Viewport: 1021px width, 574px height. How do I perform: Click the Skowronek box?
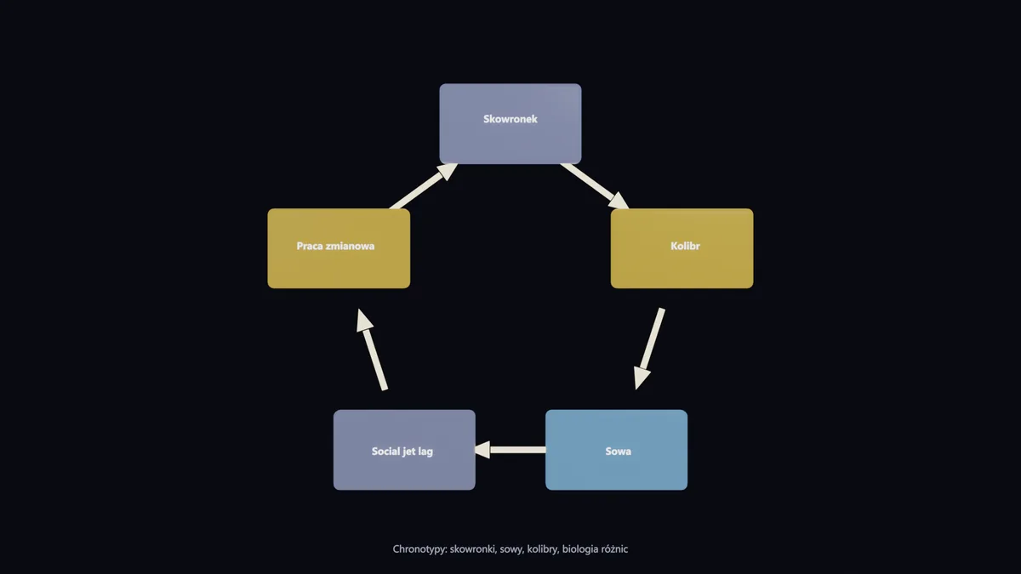[510, 123]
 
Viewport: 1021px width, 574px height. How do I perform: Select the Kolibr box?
[682, 248]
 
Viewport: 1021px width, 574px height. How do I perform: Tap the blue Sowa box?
[616, 450]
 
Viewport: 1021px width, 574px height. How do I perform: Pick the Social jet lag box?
[404, 450]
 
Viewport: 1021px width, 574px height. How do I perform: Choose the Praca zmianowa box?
[339, 248]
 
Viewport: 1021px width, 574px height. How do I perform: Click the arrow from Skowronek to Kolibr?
[595, 186]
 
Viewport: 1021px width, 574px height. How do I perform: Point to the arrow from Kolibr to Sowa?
[650, 349]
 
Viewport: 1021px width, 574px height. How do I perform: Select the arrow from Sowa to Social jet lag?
[510, 450]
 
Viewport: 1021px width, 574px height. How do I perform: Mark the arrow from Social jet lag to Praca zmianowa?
[372, 350]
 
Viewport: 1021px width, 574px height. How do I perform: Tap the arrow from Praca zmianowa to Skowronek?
[424, 186]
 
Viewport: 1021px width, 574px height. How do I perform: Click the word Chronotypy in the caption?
[419, 549]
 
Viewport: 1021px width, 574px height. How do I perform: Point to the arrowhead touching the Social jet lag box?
[482, 450]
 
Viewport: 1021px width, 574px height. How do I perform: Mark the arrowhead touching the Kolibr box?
[620, 202]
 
